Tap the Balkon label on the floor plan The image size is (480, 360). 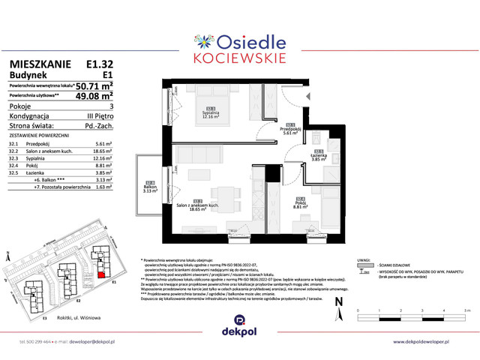pos(150,188)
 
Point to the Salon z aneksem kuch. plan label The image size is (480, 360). pos(198,205)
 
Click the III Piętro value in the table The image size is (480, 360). pos(99,117)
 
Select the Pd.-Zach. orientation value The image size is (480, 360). pos(97,127)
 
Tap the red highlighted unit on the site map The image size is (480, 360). pos(101,275)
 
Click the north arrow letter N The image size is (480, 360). pos(338,302)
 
